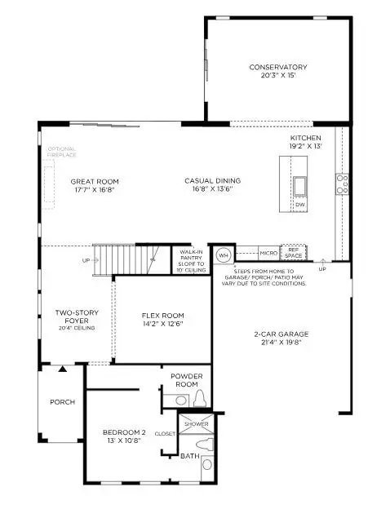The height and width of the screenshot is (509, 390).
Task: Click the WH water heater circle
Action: pos(222,254)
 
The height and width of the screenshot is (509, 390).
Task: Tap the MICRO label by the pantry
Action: pos(268,254)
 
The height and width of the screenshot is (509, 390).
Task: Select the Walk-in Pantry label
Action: pos(190,259)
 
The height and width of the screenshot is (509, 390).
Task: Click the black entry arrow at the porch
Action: pos(62,369)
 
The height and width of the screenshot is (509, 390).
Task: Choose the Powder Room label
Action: pos(186,381)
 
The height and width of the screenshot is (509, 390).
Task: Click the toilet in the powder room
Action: pos(199,399)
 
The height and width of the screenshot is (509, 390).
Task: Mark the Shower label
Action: pos(196,424)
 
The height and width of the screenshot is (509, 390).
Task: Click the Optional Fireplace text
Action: pos(61,153)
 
